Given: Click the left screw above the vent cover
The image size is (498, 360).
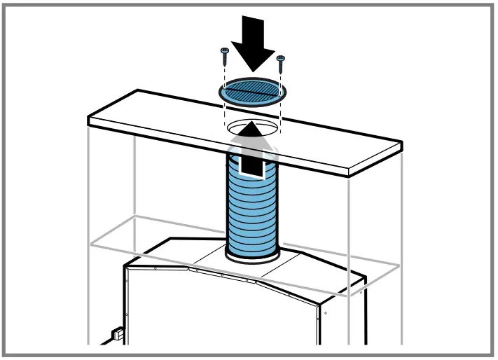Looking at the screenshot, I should [225, 56].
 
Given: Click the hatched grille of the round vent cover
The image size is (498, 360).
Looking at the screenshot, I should [251, 90].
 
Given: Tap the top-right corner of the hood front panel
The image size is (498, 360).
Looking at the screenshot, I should [324, 305].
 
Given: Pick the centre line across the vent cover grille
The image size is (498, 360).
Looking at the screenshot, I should [251, 90].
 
